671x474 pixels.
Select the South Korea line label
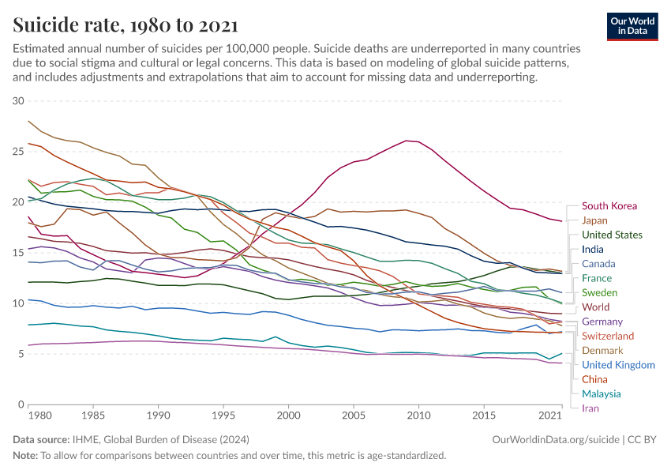(x=609, y=206)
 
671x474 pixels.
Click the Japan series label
(x=594, y=220)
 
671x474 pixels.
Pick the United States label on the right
(x=612, y=235)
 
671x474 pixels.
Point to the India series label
(x=594, y=250)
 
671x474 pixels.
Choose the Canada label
(x=598, y=264)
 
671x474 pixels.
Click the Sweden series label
(x=599, y=292)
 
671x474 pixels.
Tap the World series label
(x=595, y=307)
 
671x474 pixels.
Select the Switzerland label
(x=608, y=336)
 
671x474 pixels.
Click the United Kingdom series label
(x=618, y=365)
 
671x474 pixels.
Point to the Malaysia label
(x=601, y=393)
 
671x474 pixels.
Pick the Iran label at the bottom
(x=590, y=408)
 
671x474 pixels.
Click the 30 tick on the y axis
(x=18, y=101)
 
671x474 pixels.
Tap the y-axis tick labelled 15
(x=18, y=253)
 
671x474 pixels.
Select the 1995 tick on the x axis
(x=223, y=415)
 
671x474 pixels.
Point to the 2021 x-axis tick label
(x=549, y=415)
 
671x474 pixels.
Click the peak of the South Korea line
(x=406, y=141)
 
